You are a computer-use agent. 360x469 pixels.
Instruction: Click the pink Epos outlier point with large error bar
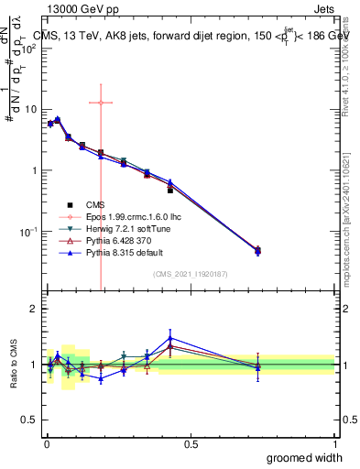[101, 103]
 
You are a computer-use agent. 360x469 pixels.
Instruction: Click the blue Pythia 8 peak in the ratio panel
[170, 338]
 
